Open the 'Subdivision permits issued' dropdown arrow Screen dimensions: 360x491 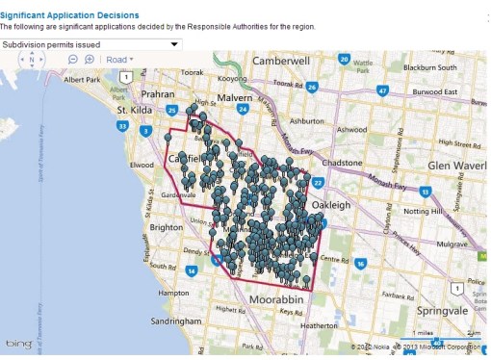(174, 44)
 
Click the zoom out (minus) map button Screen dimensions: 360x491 (73, 60)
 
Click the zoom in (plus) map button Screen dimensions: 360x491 (90, 60)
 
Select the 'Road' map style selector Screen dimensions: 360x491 (119, 60)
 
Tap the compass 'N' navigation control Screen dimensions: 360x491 (32, 60)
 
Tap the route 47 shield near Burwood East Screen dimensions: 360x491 (382, 91)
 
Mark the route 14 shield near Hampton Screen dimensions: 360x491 (193, 271)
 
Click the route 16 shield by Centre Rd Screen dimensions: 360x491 (360, 263)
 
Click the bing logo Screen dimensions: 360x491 (19, 345)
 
